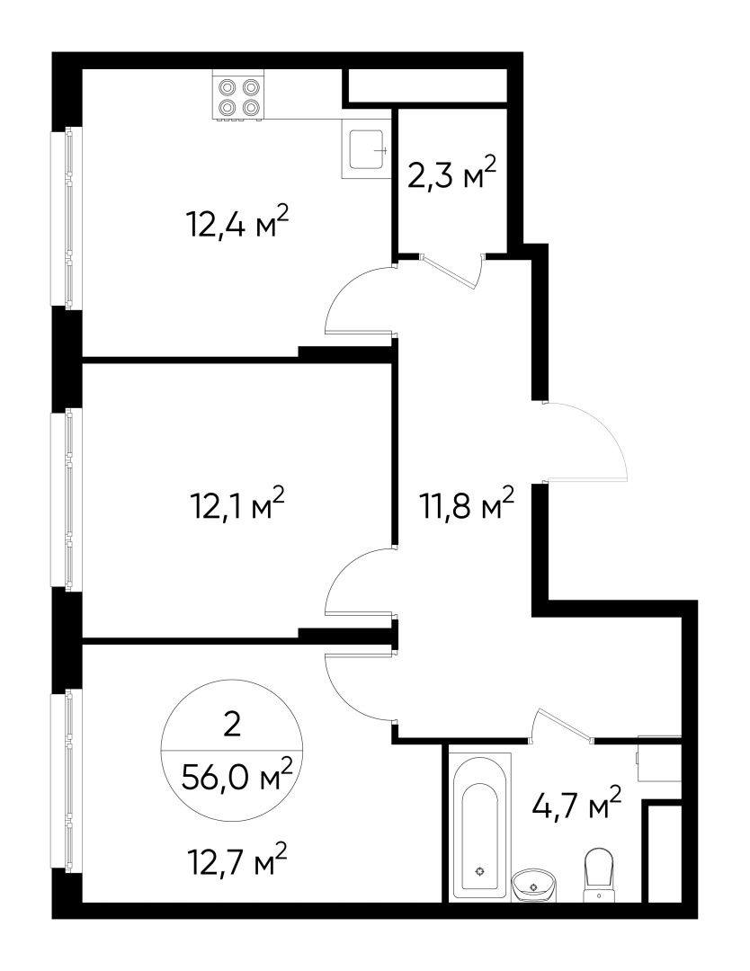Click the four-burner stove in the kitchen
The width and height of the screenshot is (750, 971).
coord(239,97)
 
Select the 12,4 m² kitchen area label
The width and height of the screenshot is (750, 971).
coord(237,221)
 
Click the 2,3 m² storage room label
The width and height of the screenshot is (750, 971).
coord(452,174)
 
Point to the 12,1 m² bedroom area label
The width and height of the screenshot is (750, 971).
coord(237,503)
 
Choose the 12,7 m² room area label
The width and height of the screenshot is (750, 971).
coord(237,863)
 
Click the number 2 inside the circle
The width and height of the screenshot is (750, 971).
coord(232,724)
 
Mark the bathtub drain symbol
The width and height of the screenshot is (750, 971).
coord(479,871)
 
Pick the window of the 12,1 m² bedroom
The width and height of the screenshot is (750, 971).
coord(67,500)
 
